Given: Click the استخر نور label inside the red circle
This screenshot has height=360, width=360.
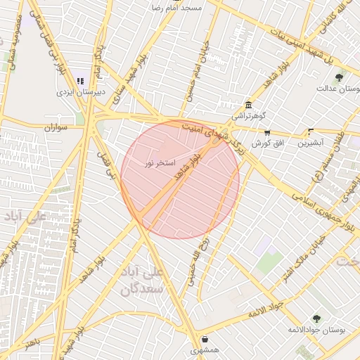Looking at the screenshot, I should point(158,163).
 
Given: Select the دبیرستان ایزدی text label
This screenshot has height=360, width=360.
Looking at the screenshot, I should point(81,92).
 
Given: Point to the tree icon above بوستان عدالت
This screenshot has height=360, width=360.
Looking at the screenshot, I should point(340,77).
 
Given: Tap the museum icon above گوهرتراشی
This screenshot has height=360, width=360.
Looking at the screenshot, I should point(248,105).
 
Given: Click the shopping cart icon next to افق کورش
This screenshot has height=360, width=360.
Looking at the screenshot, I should point(267,132).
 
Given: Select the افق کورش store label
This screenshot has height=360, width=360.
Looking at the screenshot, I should point(267,143).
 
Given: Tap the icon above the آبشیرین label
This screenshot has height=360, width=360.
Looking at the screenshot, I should point(311,131).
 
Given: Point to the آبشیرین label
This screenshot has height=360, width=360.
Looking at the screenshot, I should point(311,143).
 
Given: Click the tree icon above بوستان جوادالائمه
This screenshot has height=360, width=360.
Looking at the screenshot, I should point(316,319).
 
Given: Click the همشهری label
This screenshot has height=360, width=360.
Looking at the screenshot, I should point(205,349).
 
